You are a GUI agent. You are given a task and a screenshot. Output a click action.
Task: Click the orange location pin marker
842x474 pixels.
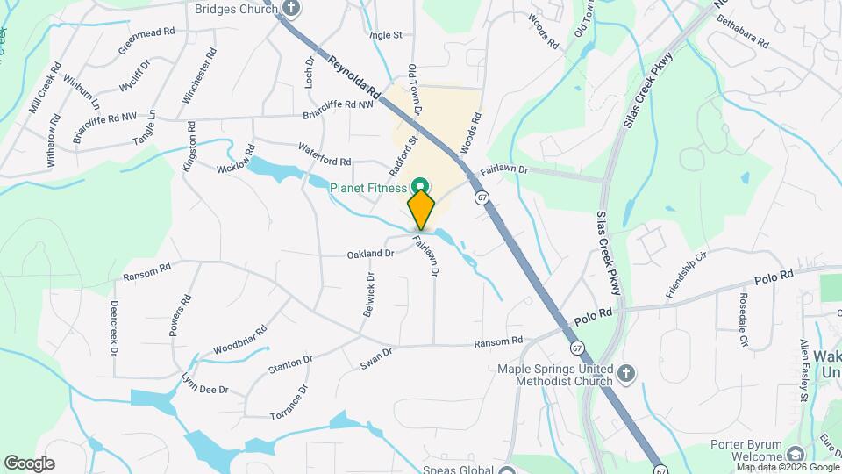pyautogui.click(x=421, y=210)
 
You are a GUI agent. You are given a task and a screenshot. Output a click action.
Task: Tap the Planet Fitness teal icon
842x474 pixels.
pyautogui.click(x=420, y=186)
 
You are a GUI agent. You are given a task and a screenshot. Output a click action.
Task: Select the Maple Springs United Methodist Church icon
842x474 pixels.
pyautogui.click(x=624, y=372)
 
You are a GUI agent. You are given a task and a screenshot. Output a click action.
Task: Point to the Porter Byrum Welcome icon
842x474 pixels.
pyautogui.click(x=795, y=454)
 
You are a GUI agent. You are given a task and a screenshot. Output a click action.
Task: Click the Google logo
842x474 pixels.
pyautogui.click(x=29, y=463)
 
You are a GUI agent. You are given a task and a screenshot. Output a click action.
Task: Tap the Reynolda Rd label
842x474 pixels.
pyautogui.click(x=354, y=77)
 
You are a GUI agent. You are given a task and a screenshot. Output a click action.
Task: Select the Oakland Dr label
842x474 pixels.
pyautogui.click(x=371, y=254)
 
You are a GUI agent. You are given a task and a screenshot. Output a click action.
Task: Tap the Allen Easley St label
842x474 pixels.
pyautogui.click(x=803, y=371)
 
